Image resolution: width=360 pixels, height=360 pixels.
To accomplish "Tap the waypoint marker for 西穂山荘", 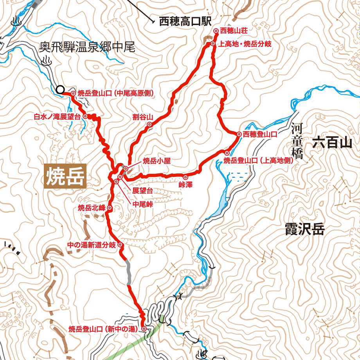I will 216,31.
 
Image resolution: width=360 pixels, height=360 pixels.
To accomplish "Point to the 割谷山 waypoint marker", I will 149,124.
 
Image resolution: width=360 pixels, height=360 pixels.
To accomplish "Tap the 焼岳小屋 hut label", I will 157,160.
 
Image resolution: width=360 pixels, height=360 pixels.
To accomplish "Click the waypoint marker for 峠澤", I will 185,177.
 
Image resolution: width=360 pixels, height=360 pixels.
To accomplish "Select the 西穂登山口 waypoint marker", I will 239,134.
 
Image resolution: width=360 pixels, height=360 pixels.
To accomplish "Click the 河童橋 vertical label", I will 297,141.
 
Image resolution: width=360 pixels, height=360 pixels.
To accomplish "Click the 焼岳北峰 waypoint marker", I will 109,208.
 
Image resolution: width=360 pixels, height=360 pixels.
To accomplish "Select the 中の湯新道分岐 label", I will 92,245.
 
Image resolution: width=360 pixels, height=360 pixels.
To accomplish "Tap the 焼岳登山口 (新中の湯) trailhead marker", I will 144,329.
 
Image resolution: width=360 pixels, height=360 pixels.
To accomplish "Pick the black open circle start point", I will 60,90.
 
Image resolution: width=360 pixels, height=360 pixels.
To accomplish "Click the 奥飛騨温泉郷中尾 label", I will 87,48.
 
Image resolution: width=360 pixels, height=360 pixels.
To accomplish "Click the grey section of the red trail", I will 128,272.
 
